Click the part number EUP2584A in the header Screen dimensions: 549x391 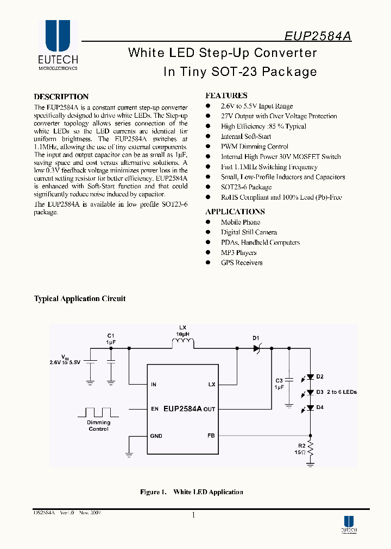318,36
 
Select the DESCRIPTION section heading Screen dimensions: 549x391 61,97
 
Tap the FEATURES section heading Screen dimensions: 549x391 226,95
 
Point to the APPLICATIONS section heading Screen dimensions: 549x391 235,212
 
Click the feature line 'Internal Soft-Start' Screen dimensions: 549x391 245,136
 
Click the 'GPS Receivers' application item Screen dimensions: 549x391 242,263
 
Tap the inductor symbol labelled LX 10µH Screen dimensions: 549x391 182,343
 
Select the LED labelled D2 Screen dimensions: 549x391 310,376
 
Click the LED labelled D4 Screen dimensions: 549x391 310,407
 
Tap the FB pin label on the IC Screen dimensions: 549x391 211,435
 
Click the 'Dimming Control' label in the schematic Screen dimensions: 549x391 98,425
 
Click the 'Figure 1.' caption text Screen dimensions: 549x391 153,492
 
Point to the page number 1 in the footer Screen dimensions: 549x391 193,515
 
